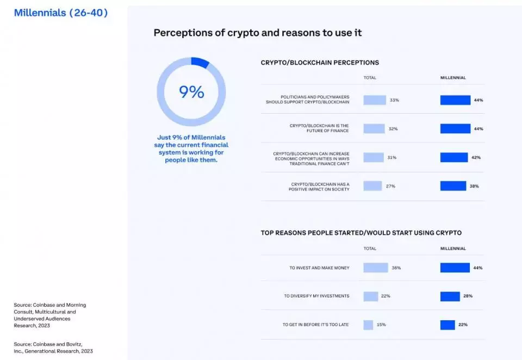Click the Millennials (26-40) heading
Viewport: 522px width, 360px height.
pyautogui.click(x=61, y=13)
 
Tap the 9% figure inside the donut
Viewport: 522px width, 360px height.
pyautogui.click(x=191, y=92)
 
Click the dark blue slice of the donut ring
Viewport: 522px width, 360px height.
pyautogui.click(x=201, y=63)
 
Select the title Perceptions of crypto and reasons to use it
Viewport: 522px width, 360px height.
pyautogui.click(x=257, y=33)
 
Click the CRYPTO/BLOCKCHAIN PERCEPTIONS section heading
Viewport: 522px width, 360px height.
pyautogui.click(x=320, y=63)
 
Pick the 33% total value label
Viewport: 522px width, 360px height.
pyautogui.click(x=394, y=100)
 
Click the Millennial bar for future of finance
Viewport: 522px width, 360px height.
pyautogui.click(x=455, y=129)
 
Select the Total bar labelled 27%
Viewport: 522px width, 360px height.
pyautogui.click(x=372, y=186)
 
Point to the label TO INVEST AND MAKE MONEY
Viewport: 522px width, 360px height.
pyautogui.click(x=319, y=268)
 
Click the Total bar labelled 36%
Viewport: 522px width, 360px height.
pyautogui.click(x=375, y=268)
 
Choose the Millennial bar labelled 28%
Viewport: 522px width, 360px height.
pyautogui.click(x=450, y=296)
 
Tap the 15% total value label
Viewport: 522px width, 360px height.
pyautogui.click(x=381, y=325)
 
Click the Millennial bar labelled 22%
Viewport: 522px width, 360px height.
pyautogui.click(x=448, y=325)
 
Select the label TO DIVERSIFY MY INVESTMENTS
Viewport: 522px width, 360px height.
pyautogui.click(x=316, y=296)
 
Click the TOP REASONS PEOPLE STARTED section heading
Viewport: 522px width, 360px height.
pyautogui.click(x=361, y=233)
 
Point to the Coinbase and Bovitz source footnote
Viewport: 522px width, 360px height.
pyautogui.click(x=53, y=347)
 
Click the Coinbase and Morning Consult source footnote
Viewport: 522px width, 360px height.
pyautogui.click(x=50, y=315)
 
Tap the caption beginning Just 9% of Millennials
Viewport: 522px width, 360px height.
pyautogui.click(x=191, y=148)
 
